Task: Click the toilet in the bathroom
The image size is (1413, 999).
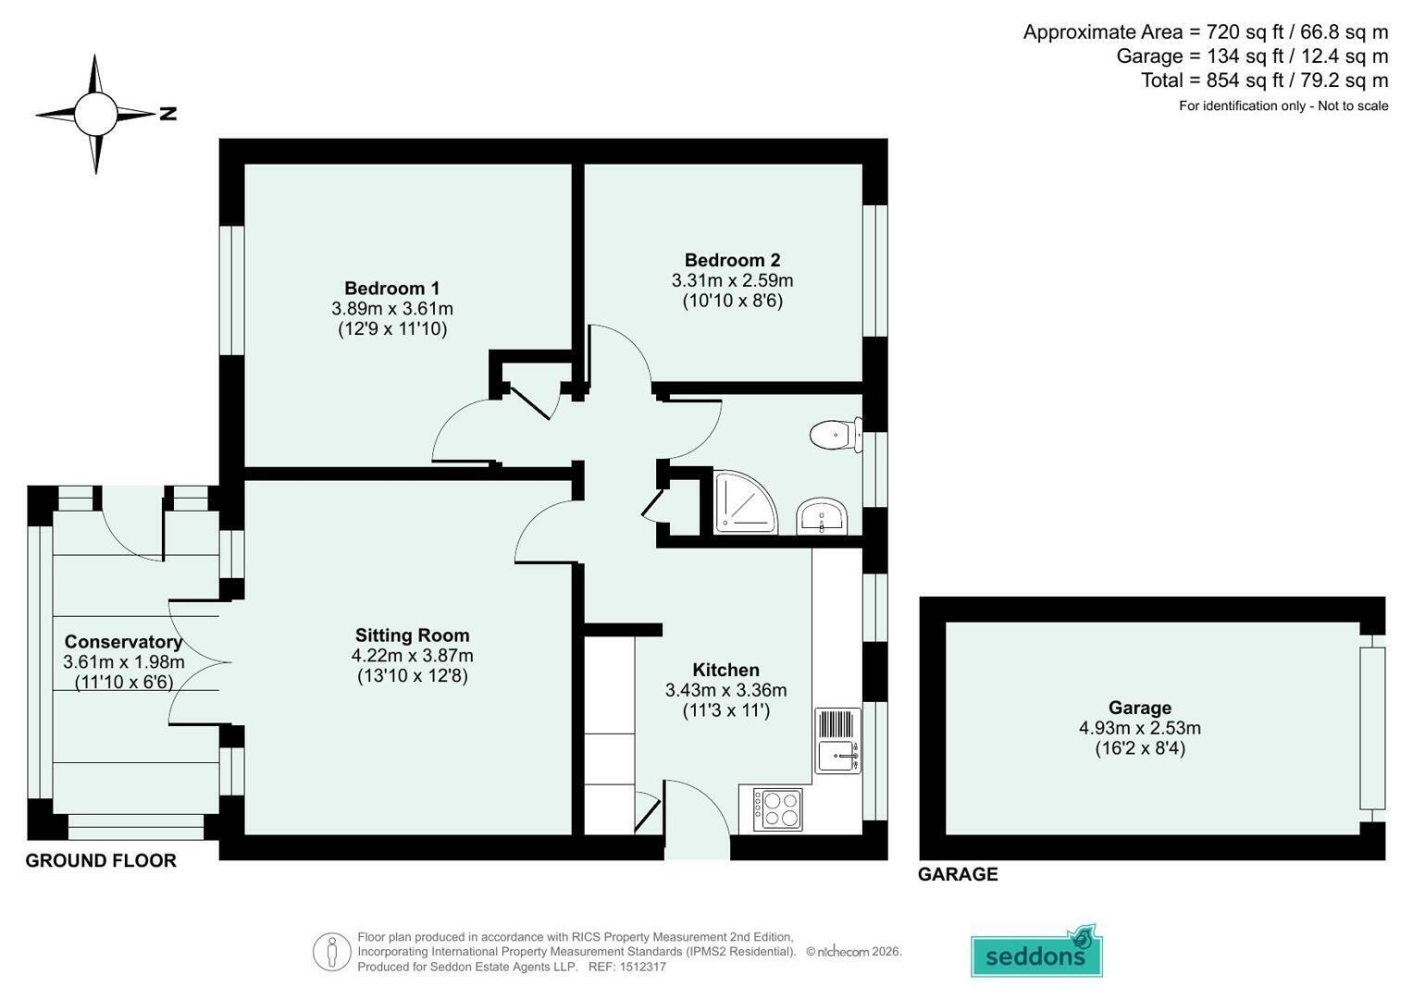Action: coord(837,435)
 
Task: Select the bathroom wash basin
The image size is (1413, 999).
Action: coord(822,516)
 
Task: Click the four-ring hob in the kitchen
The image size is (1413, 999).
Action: coord(777,809)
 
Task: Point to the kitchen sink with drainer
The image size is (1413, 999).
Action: coord(837,741)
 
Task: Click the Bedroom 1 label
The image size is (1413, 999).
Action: coord(391,289)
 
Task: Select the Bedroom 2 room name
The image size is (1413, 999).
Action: coord(732,260)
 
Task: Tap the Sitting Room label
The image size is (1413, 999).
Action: coord(412,635)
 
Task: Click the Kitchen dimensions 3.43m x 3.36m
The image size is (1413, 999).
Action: coord(726,690)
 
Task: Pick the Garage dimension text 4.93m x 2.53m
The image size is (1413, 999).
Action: coord(1140,728)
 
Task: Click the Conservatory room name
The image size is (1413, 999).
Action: coord(124,641)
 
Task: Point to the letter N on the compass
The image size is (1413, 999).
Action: coord(167,114)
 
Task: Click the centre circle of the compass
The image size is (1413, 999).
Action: coord(95,114)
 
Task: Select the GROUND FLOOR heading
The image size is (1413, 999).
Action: coord(101,860)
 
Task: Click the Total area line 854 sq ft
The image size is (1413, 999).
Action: coord(1265,80)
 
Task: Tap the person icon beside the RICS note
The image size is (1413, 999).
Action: coord(332,952)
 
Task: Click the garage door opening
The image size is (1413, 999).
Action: coord(1371,729)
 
